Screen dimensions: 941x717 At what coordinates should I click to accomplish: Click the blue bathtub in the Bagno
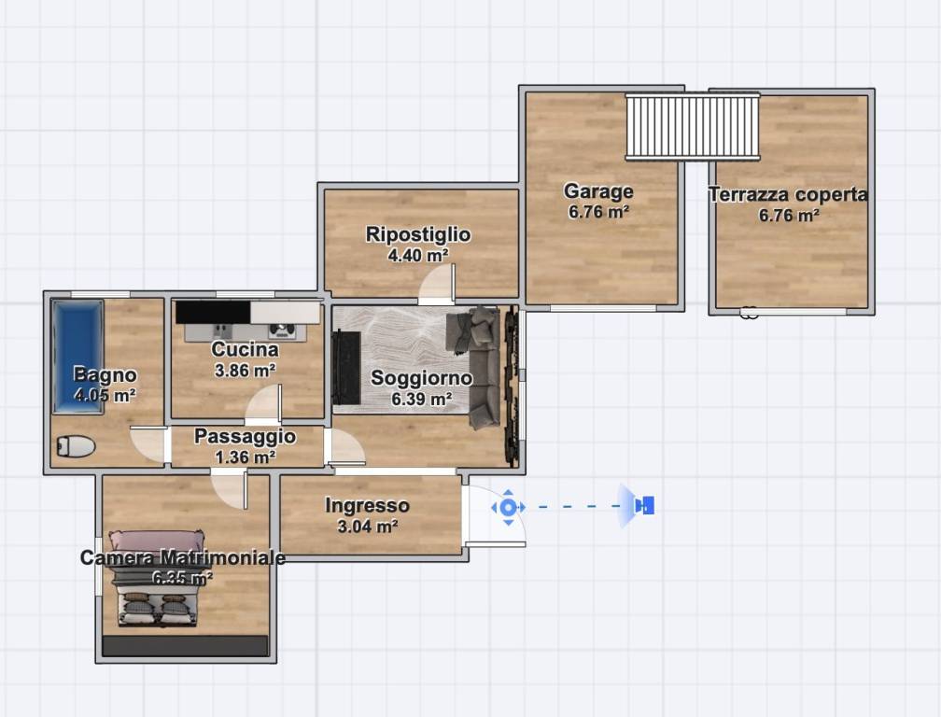coord(77,357)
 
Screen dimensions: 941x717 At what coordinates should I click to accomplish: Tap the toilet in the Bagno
coord(77,446)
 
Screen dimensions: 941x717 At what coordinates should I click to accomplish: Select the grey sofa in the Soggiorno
coord(478,367)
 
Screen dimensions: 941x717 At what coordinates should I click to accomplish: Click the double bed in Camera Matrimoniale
coord(157,578)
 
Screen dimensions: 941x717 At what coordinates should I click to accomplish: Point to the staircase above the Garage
coord(693,126)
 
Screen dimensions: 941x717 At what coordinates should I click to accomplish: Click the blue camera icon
coord(644,505)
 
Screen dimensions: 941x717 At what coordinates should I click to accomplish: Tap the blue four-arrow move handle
coord(508,507)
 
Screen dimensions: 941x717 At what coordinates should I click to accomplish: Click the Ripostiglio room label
coord(418,234)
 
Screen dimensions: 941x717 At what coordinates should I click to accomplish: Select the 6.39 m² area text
coord(421,399)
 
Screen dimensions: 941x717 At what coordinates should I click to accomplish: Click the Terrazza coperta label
coord(789,194)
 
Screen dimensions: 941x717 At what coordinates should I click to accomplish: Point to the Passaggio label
coord(245,436)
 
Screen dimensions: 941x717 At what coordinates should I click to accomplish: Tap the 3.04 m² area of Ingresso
coord(367,527)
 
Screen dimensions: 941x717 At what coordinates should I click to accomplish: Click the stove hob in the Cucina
coord(282,329)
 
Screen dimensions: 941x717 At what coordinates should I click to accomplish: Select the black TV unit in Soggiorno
coord(346,367)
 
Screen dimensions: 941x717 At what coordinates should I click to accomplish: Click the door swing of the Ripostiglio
coord(437,285)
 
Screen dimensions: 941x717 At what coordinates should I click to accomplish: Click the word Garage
coord(598,191)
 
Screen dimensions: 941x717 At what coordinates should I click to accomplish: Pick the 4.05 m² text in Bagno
coord(105,396)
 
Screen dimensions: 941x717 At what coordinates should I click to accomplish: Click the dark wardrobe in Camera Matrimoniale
coord(186,646)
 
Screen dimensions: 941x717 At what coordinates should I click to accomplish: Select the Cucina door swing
coord(263,405)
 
